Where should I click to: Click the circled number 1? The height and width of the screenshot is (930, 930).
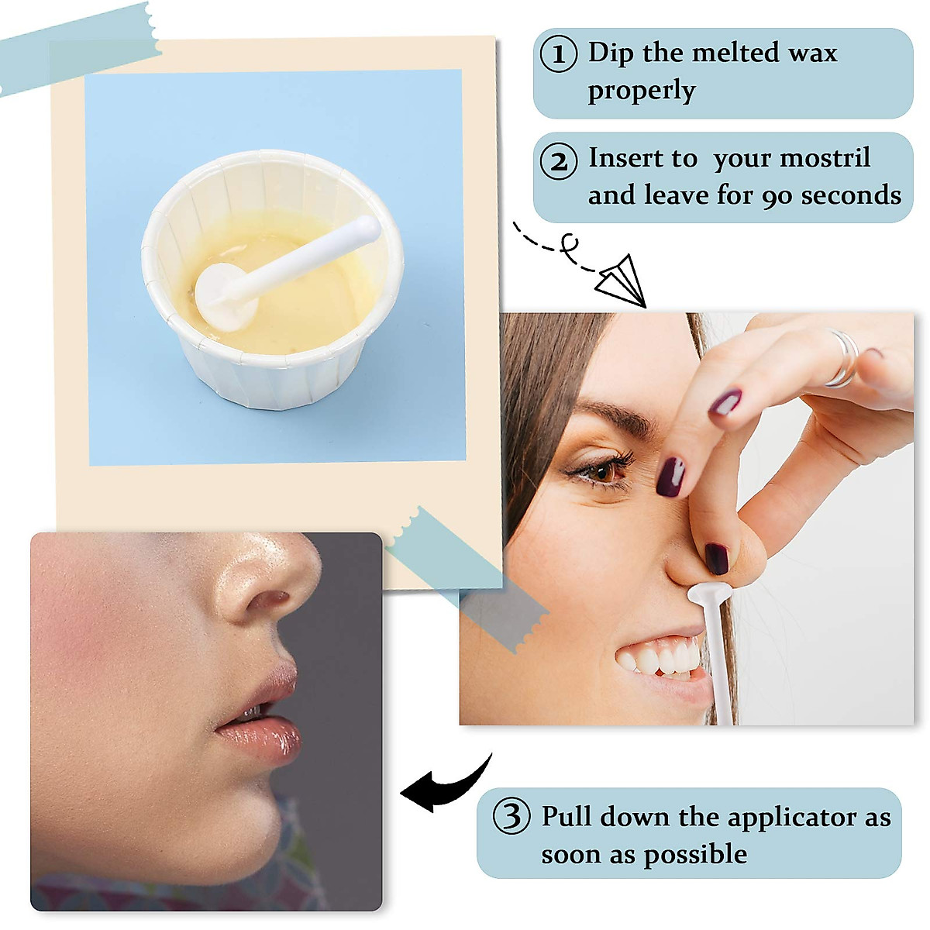pos(558,54)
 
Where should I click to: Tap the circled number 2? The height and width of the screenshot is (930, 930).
pos(558,161)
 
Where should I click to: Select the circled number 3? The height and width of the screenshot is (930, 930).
pos(512,817)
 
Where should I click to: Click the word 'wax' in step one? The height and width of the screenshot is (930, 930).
pos(813,53)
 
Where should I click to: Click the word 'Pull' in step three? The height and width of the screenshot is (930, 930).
pos(566,817)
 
